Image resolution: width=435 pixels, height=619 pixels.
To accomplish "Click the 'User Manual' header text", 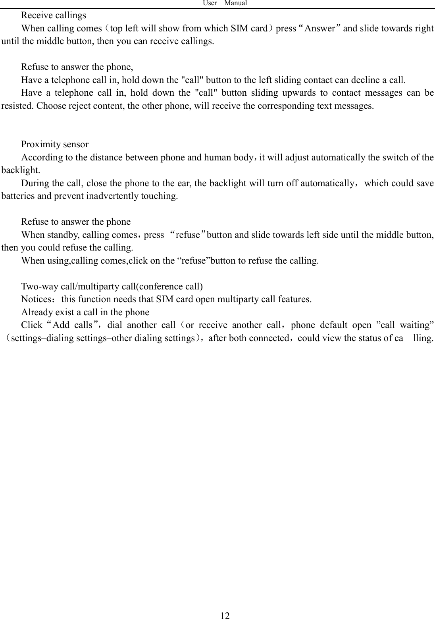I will [225, 3].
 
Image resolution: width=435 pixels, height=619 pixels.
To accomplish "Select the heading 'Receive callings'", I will [54, 15].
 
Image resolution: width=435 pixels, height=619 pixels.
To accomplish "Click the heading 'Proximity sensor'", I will [55, 144].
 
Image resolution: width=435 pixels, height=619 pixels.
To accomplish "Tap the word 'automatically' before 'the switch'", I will [339, 158].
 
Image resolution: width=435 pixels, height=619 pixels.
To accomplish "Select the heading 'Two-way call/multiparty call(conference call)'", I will [112, 286].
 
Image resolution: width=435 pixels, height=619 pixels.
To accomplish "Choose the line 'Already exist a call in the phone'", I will [85, 312].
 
